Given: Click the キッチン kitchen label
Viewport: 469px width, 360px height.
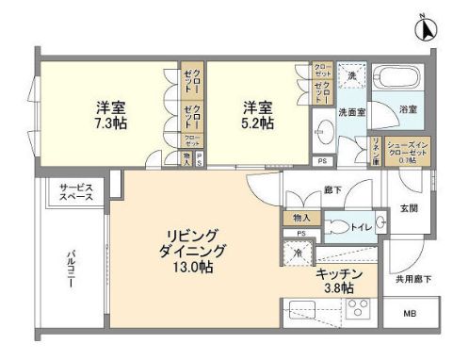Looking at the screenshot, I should click(x=335, y=273).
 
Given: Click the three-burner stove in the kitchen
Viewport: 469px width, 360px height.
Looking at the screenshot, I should click(x=358, y=308).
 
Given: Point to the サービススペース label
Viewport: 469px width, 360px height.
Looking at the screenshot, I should click(x=74, y=193).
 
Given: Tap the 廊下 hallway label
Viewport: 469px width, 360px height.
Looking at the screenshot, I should click(x=332, y=189).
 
